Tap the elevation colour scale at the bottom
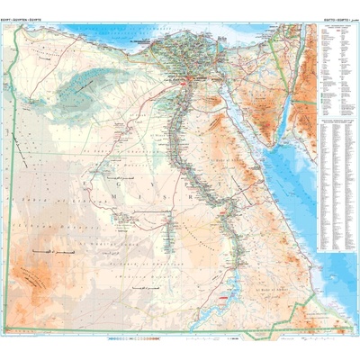click(x=135, y=340)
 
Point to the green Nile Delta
click(x=176, y=54)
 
